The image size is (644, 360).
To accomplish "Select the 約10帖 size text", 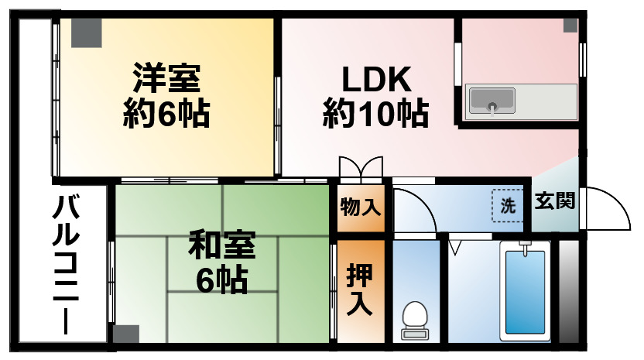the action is coord(376,115).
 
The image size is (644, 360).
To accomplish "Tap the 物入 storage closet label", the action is coord(361,207).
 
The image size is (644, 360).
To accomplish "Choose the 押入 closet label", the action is coord(361,289).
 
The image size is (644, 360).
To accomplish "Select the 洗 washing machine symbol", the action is coord(508,207).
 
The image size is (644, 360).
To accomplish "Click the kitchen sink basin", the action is coord(492,100).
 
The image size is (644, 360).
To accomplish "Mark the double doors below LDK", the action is coord(360,168).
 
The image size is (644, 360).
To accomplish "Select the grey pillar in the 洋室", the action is coord(86,31).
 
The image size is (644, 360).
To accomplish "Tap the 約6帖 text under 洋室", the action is coord(166,115).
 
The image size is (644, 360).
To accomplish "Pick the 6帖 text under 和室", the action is coord(222,279).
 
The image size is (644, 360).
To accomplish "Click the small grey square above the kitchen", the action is coord(570,25).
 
